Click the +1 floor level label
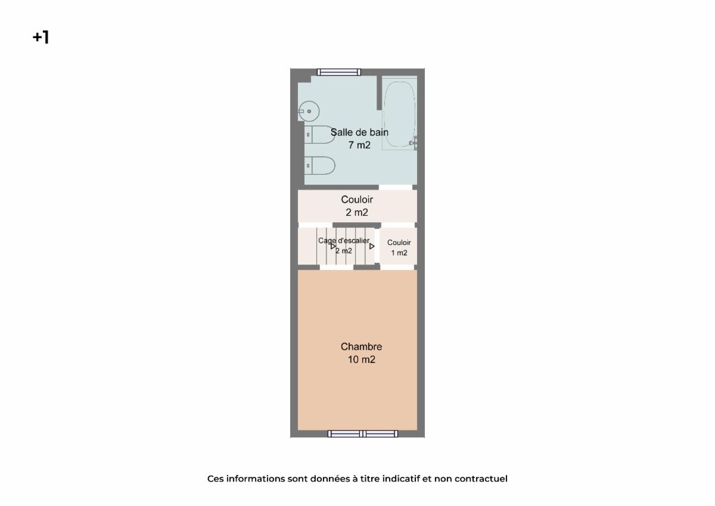tap(41, 37)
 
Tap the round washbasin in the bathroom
tap(309, 111)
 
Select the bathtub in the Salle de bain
tap(399, 114)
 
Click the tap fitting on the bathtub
tap(414, 142)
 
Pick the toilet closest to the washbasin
tap(319, 135)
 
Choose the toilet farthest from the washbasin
tap(319, 165)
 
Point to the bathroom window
tap(339, 72)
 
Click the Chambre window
tap(363, 433)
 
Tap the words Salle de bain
tap(359, 132)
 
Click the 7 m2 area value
tap(359, 145)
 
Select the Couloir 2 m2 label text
tap(357, 206)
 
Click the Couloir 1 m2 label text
tap(399, 248)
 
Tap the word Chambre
tap(361, 346)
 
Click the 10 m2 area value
tap(361, 359)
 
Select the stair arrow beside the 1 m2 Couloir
tap(372, 246)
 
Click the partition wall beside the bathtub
tap(379, 92)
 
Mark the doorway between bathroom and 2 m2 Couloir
tap(396, 187)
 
